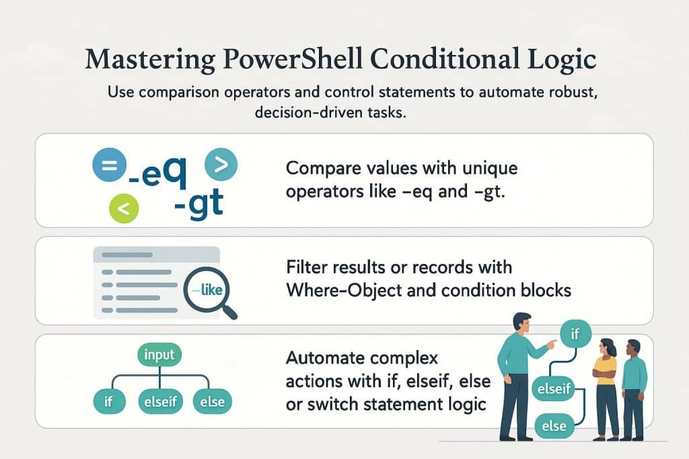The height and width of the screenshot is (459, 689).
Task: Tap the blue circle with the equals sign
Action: pos(110,165)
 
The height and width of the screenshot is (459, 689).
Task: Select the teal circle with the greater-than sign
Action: pos(221,165)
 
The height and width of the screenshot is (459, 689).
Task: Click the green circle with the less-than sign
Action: pos(124,208)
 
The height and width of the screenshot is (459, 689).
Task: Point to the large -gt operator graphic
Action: pos(199,204)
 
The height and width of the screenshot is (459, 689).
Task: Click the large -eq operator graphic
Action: pos(157,173)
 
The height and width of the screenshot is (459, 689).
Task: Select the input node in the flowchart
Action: pos(159,355)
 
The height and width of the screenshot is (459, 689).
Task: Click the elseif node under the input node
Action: pos(160,401)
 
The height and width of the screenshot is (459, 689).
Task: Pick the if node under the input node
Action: pos(109,401)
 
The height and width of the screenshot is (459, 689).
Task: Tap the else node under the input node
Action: pos(212,401)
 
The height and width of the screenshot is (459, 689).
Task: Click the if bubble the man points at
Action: pos(575,335)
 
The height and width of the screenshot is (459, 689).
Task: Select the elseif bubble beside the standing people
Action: pos(554,389)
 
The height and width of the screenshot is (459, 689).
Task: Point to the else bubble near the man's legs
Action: pos(554,426)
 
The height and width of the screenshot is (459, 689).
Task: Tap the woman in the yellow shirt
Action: pos(606,389)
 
